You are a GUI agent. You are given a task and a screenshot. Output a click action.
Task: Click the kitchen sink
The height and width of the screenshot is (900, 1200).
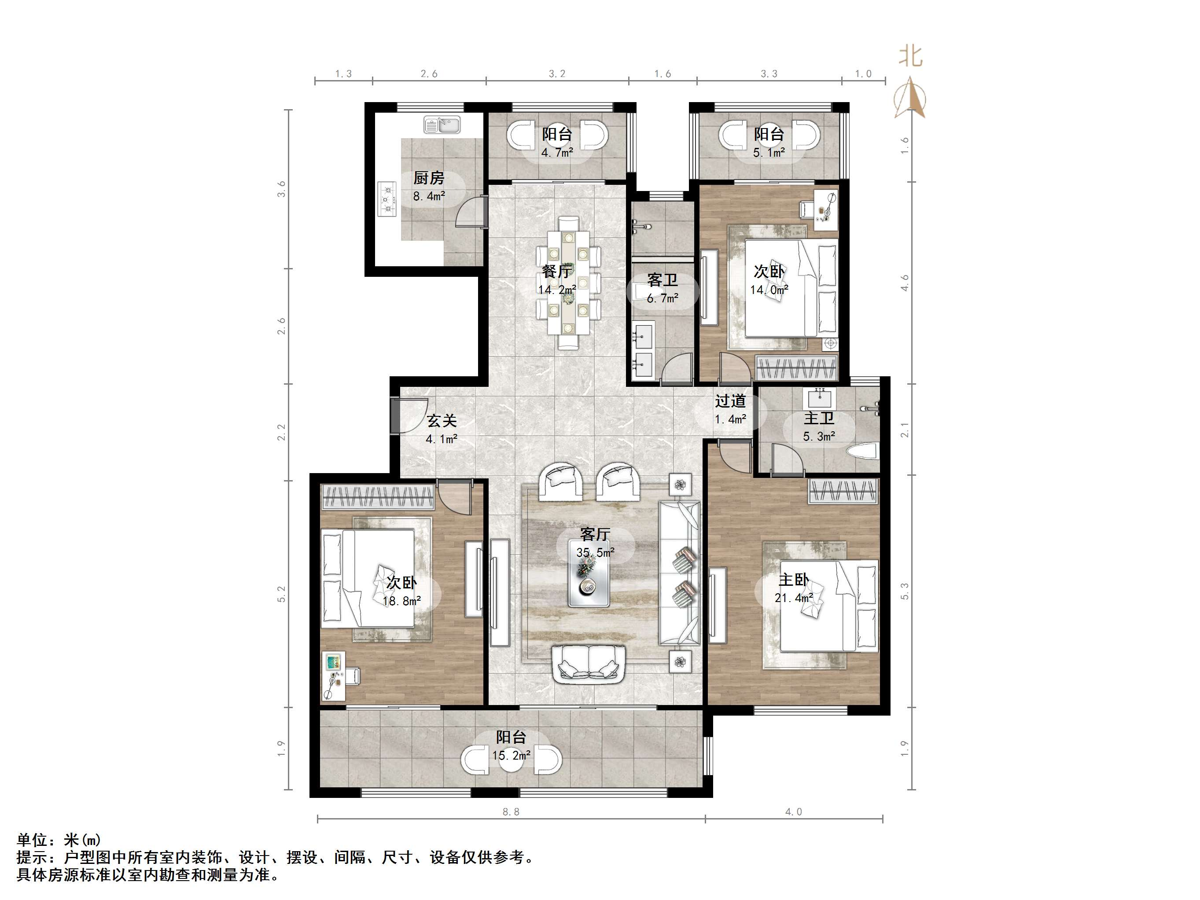point(442,125)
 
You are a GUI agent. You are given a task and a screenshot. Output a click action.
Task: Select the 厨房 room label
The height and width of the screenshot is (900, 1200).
point(429,178)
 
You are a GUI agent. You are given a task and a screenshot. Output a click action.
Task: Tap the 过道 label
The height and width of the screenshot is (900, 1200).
point(730,401)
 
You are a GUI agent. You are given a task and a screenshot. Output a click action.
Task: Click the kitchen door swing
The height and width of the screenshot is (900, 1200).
point(470,212)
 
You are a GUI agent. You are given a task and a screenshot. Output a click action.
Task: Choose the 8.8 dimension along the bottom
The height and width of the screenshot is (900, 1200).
point(511,812)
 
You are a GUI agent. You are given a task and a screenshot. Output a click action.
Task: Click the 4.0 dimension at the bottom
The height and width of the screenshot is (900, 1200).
point(793,812)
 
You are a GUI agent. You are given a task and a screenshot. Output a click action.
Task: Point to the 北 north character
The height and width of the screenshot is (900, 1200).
point(910,56)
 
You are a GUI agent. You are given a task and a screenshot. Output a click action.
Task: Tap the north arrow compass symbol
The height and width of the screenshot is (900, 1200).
point(910,98)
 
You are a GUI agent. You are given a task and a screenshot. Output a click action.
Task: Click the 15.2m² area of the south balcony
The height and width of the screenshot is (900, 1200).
point(511,755)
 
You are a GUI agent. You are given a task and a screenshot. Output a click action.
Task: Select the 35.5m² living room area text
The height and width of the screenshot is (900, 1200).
point(595,552)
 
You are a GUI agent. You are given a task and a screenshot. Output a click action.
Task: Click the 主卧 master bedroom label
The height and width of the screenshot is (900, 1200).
point(794,580)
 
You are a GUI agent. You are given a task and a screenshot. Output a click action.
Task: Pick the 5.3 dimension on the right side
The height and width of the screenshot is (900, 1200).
point(904,591)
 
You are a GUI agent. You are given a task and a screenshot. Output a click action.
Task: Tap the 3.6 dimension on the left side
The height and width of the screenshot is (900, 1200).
point(281,189)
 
